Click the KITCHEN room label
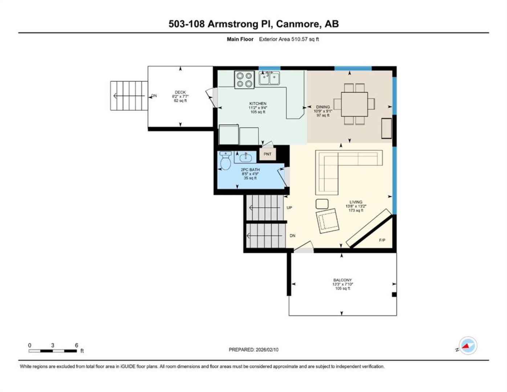tap(257, 103)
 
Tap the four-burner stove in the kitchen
tap(244, 80)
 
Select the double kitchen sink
tap(269, 78)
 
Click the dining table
tap(354, 104)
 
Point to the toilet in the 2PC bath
tap(226, 160)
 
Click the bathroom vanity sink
tap(246, 158)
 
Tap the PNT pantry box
tap(267, 154)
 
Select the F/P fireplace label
tap(382, 240)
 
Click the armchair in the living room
tap(327, 220)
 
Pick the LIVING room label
tap(356, 202)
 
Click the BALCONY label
tap(342, 280)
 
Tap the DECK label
tap(180, 92)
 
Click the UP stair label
tap(289, 208)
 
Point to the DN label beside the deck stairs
tap(154, 95)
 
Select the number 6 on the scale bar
tap(76, 345)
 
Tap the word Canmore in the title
tap(297, 24)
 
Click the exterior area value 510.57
tap(299, 39)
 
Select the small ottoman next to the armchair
tap(322, 204)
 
